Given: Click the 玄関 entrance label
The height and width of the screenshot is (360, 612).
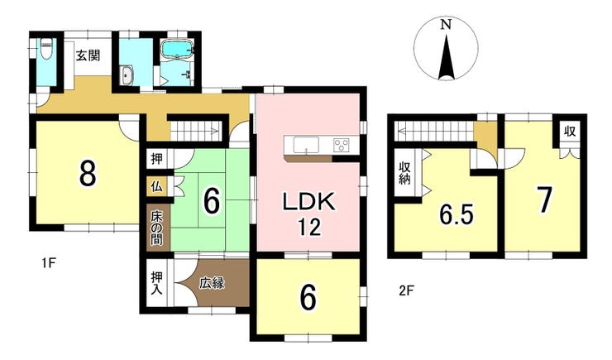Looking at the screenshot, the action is (x=88, y=55).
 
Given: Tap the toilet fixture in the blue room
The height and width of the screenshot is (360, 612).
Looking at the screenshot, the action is (x=46, y=49).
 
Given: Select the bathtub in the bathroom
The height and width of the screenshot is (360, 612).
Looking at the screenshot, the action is (x=177, y=50).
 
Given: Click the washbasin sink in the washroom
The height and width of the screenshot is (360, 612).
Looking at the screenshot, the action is (x=127, y=75).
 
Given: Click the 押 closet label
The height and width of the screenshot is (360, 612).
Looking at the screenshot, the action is (x=156, y=159).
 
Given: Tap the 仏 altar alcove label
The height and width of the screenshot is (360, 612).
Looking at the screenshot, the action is (x=156, y=187).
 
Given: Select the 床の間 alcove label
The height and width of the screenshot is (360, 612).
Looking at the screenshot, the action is (x=156, y=228).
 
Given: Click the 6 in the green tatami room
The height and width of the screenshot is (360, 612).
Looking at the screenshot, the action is (x=212, y=200).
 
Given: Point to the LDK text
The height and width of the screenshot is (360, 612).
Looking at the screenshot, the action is (x=308, y=201).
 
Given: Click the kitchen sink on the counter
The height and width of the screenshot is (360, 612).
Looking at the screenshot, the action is (x=306, y=146).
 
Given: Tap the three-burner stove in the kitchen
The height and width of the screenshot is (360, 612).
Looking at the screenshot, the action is (x=341, y=146).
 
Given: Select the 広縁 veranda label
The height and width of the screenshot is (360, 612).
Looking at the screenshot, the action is (x=212, y=283).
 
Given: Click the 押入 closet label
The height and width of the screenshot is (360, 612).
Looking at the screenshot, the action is (x=157, y=284).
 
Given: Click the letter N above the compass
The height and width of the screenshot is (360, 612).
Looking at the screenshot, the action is (x=446, y=25).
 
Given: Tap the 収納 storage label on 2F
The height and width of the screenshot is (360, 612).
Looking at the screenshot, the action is (x=404, y=174).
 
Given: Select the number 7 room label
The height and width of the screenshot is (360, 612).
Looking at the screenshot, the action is (x=544, y=200).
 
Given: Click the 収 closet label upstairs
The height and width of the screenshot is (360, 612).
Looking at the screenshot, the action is (x=570, y=132).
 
